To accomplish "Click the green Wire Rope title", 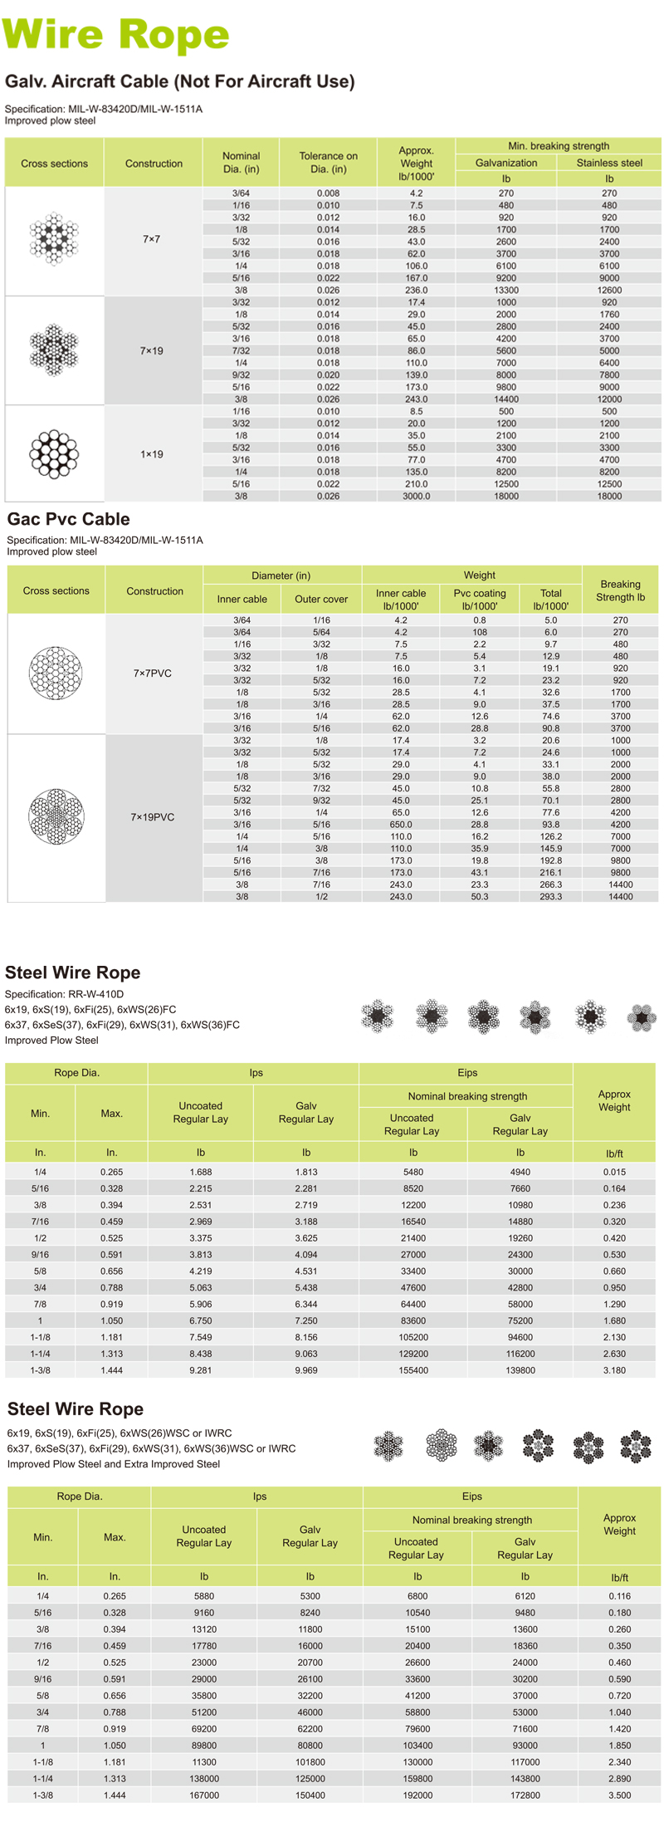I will [116, 35].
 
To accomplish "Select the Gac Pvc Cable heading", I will [69, 519].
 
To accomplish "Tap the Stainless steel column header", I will [609, 163].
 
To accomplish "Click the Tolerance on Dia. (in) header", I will [328, 162].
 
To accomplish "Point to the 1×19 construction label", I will [151, 454].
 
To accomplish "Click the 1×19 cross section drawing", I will [54, 453].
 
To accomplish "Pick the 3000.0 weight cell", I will [416, 496].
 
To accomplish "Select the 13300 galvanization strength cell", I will [506, 291].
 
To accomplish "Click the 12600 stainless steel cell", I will [609, 291].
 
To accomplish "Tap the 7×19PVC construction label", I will [153, 817].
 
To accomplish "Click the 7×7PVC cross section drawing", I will [56, 673].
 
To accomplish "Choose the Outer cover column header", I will [321, 599].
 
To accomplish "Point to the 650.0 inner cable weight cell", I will [401, 825].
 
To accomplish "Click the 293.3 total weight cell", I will [551, 897].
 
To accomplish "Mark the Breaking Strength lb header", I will [620, 590].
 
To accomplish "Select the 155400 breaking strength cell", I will [413, 1370].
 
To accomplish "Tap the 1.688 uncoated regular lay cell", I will [200, 1172].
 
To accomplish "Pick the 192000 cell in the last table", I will [417, 1795].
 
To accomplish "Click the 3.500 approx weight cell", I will [619, 1795].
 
